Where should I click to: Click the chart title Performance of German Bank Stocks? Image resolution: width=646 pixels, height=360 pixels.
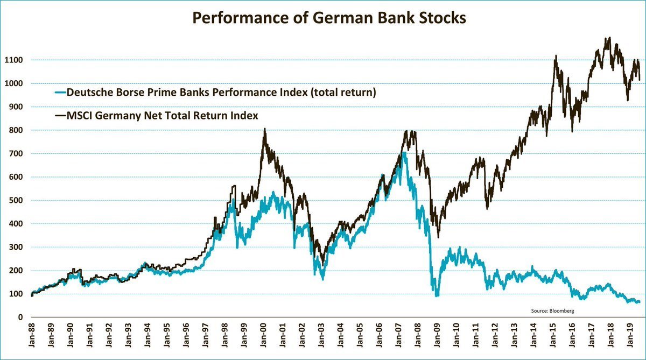329,18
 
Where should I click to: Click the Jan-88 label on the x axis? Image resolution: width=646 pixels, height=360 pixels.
32,336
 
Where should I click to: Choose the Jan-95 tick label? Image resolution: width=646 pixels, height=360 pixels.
167,336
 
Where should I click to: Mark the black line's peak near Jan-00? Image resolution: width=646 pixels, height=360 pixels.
264,129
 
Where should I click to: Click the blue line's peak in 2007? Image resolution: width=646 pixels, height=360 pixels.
403,153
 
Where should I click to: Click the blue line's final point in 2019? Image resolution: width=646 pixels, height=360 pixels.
639,302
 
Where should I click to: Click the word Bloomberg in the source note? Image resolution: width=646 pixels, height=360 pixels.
563,311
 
